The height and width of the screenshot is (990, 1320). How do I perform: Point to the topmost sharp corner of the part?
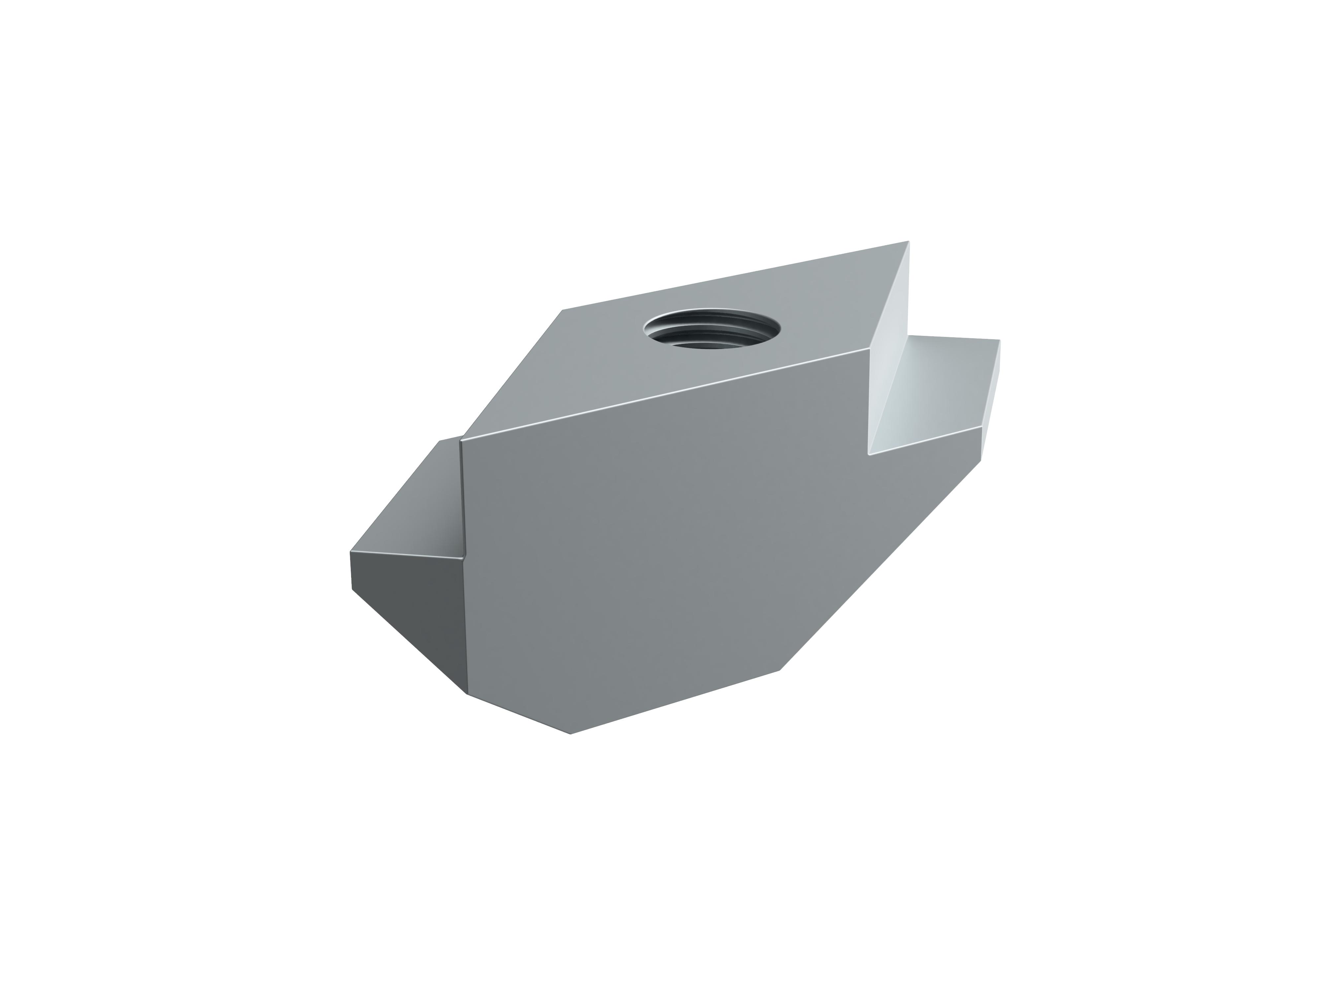(908, 241)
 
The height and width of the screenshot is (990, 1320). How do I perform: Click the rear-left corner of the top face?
(563, 310)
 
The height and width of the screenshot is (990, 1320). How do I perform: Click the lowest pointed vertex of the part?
(571, 733)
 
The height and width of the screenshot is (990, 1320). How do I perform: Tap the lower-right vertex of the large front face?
(780, 670)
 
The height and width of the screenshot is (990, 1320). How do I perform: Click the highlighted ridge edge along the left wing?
(406, 555)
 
